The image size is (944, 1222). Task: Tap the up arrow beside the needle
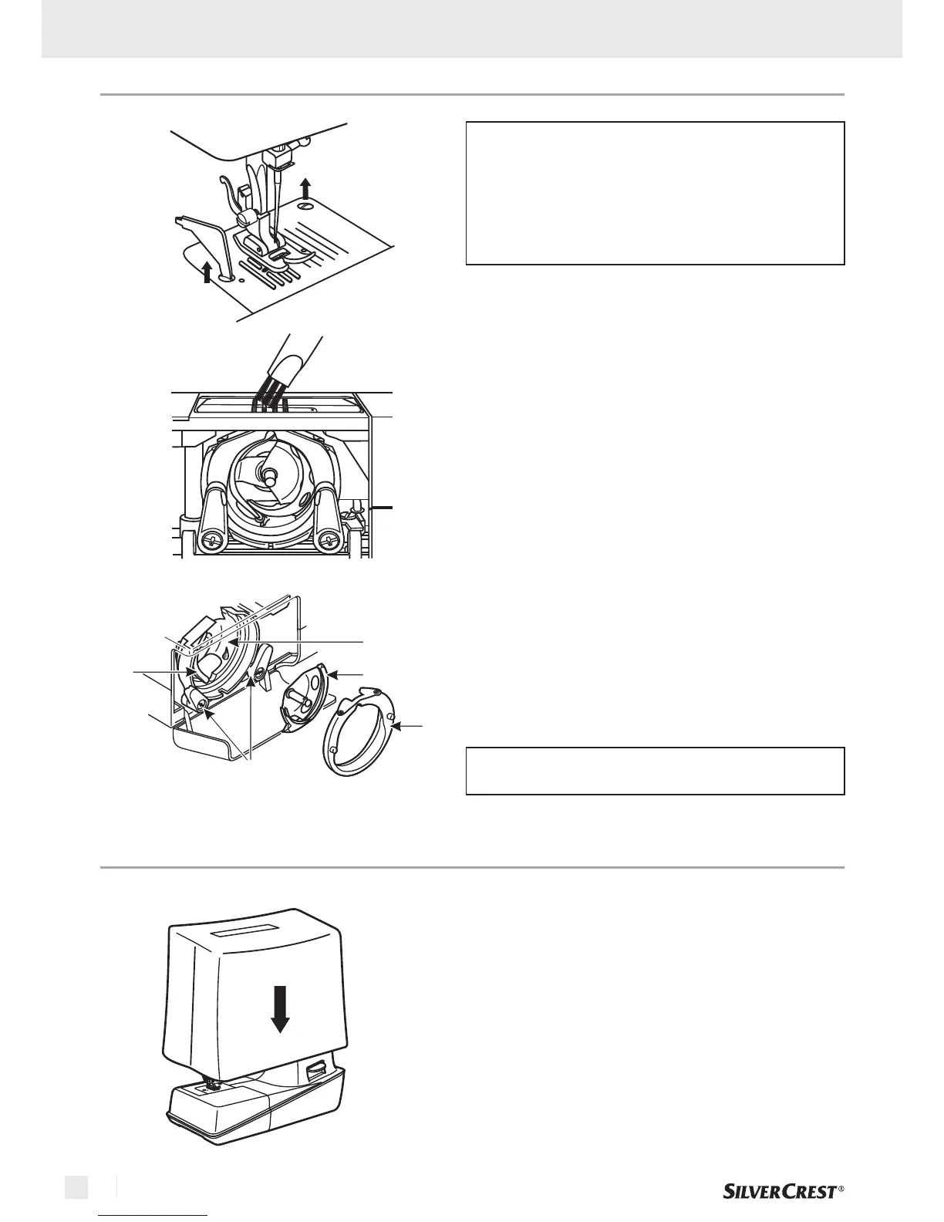pyautogui.click(x=306, y=187)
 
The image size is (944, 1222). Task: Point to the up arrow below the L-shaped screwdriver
pyautogui.click(x=207, y=272)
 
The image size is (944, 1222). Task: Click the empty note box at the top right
pyautogui.click(x=655, y=193)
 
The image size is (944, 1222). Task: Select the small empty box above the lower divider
pyautogui.click(x=655, y=770)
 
